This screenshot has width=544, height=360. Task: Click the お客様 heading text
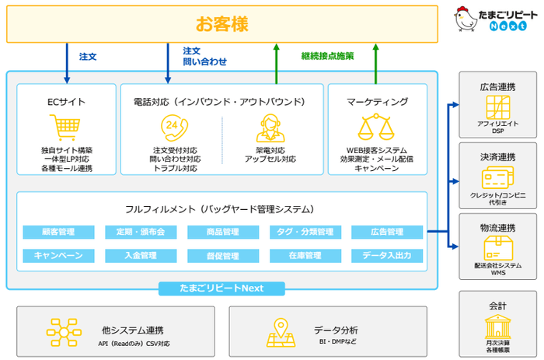(x=221, y=24)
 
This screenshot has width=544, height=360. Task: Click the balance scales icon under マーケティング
(x=377, y=127)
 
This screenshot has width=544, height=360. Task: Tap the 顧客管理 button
(x=58, y=232)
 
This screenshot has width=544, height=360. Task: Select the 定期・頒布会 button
(x=141, y=232)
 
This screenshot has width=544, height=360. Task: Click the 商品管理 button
(x=222, y=232)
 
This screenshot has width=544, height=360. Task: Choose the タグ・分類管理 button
(x=305, y=232)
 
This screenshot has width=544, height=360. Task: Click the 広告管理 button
(x=387, y=232)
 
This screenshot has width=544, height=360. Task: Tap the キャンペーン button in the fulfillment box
(x=58, y=255)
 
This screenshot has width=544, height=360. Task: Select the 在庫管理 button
(x=305, y=255)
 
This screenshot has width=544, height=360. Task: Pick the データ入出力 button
(x=387, y=255)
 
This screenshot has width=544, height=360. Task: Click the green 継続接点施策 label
(x=327, y=56)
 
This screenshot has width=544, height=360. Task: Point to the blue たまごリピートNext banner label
(x=222, y=288)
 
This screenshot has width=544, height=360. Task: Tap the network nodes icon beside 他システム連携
(x=63, y=331)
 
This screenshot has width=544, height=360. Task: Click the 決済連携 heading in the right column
(x=497, y=158)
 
